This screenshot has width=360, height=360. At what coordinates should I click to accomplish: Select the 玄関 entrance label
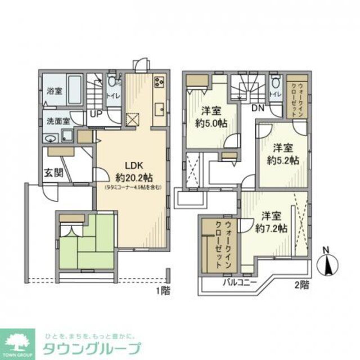[53, 172]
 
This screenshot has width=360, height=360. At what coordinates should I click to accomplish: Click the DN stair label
[258, 108]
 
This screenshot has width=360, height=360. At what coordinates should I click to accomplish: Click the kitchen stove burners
[159, 82]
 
